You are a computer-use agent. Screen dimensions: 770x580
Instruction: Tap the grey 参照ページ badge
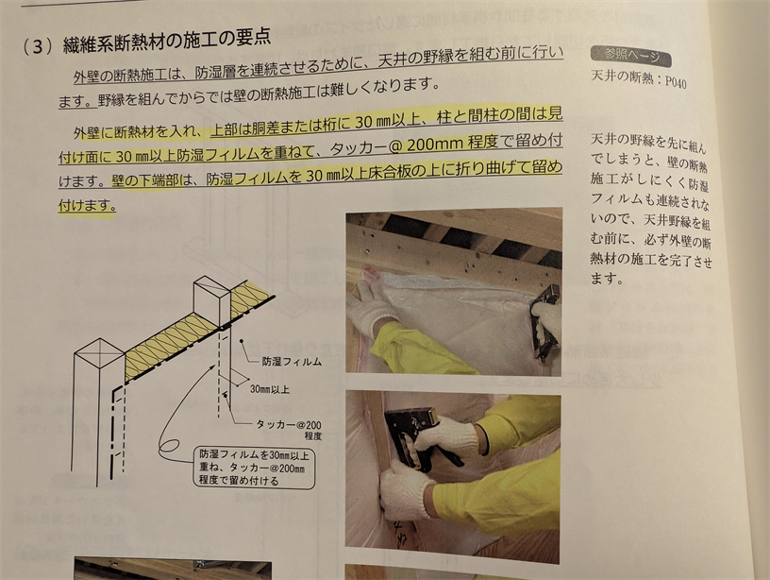tap(631, 56)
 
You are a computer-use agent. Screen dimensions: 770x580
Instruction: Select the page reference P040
tap(676, 81)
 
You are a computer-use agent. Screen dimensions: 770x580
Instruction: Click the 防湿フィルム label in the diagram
tap(292, 362)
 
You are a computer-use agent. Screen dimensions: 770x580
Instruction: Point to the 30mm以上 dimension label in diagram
tap(270, 389)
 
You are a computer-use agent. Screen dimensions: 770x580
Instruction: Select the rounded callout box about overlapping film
tap(255, 468)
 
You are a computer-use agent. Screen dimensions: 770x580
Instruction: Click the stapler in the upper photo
tap(544, 319)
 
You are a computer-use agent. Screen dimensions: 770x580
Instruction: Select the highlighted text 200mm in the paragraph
tap(435, 145)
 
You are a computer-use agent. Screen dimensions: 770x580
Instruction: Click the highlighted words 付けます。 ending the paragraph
tap(87, 206)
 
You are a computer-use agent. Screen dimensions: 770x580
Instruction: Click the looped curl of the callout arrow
tap(167, 448)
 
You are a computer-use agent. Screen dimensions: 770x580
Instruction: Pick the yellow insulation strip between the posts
tap(171, 348)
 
